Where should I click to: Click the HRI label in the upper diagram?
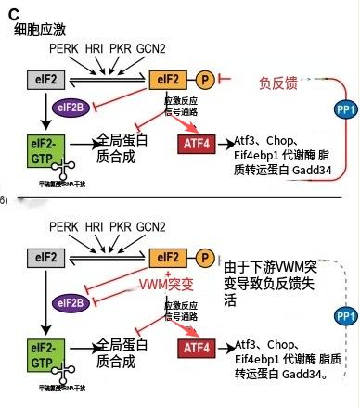tap(95, 48)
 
